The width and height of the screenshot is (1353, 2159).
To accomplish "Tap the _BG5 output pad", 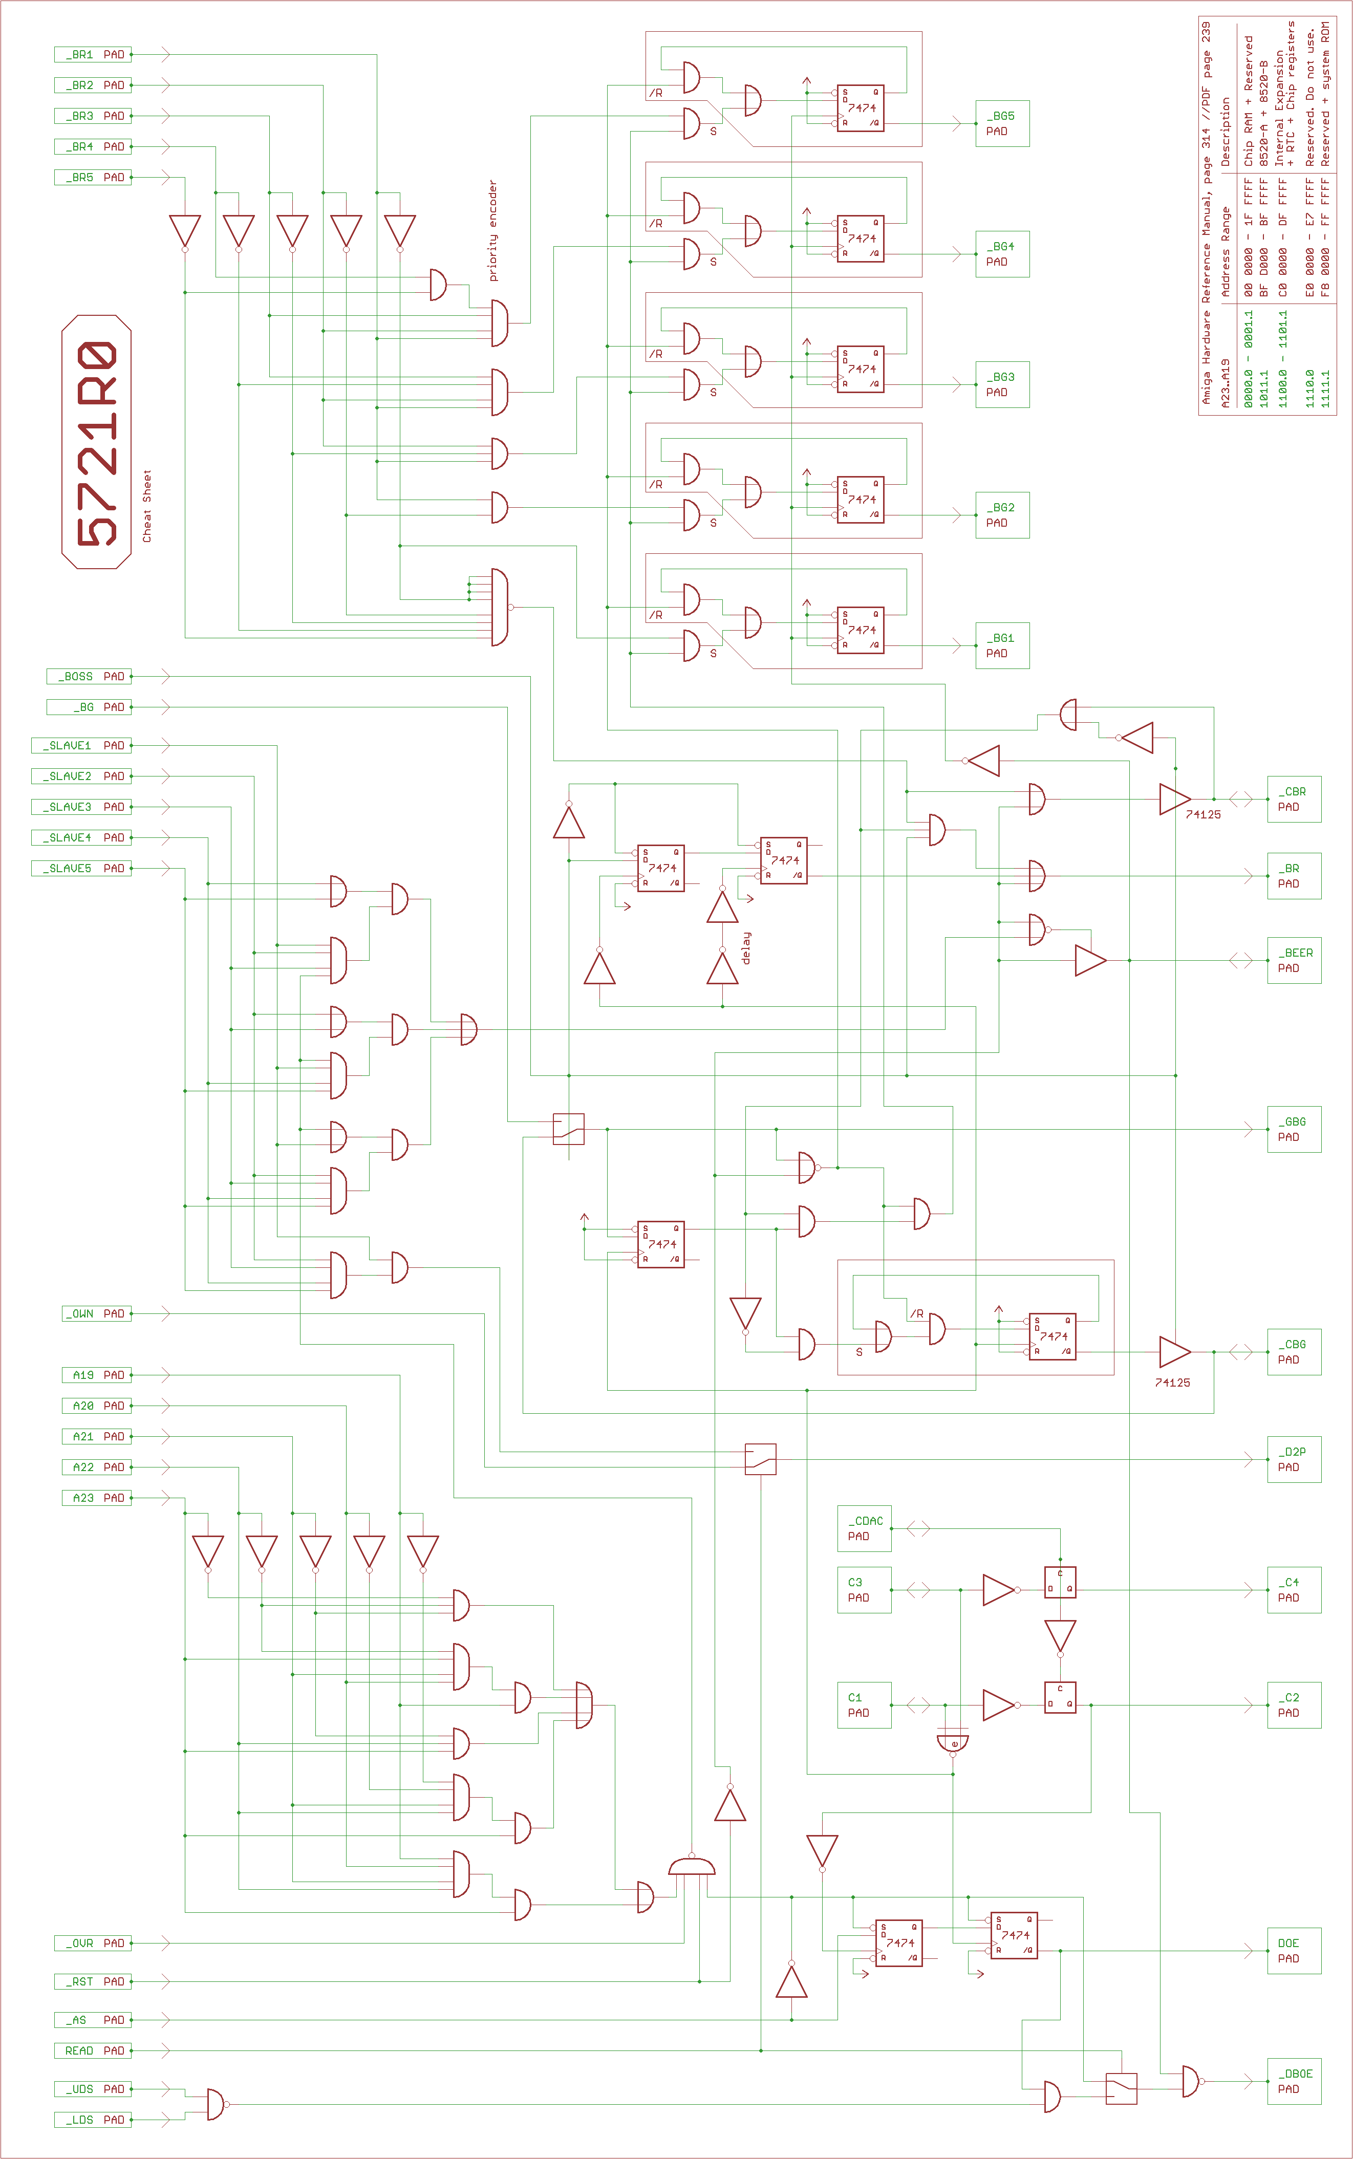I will click(x=1002, y=123).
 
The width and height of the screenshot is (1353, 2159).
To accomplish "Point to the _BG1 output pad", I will click(x=1002, y=645).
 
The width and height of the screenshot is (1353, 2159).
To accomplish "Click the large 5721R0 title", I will click(x=97, y=442).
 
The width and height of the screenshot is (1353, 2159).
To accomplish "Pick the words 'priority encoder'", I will click(x=492, y=231).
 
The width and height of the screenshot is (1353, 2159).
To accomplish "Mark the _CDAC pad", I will click(x=865, y=1528).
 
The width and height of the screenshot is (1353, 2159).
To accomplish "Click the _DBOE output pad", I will click(x=1294, y=2081).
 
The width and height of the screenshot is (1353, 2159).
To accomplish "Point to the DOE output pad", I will click(x=1294, y=1951).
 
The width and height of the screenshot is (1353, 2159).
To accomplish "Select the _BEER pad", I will click(x=1294, y=960).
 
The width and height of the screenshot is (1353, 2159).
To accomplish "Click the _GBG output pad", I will click(x=1294, y=1129).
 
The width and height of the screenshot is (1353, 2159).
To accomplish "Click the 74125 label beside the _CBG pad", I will click(x=1172, y=1383).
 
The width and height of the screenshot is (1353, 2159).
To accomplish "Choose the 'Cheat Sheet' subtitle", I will click(x=147, y=506).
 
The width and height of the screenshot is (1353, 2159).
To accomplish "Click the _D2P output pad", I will click(x=1294, y=1459).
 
